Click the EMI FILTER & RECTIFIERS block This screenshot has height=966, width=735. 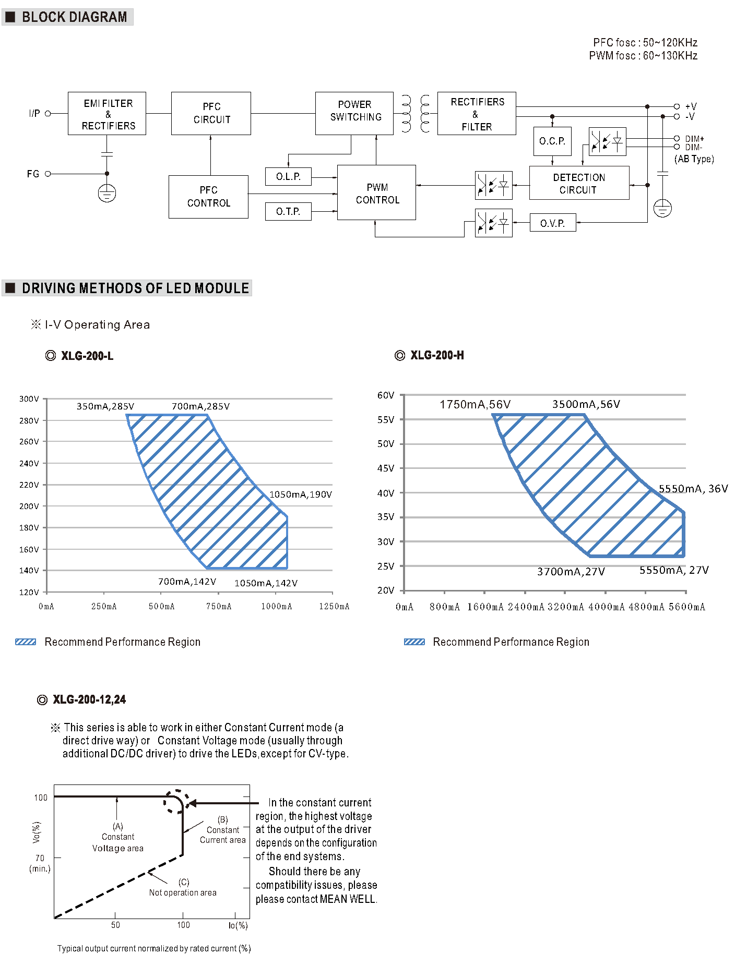[x=107, y=114]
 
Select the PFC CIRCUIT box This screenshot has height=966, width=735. [x=211, y=113]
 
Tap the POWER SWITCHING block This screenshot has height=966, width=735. [x=354, y=113]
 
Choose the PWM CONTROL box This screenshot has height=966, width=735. [x=376, y=193]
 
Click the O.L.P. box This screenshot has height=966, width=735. [x=288, y=176]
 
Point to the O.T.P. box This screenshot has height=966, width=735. [x=288, y=211]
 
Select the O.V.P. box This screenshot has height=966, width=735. [x=552, y=223]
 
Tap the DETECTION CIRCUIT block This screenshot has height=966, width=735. [x=579, y=183]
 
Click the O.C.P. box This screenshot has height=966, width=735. [x=552, y=141]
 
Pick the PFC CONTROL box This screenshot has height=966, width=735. [x=208, y=197]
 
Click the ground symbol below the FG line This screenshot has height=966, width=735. [x=107, y=194]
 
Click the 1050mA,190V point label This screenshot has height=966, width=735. [x=300, y=494]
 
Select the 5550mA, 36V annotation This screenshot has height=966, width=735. [x=693, y=489]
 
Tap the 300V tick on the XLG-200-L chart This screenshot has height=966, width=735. [x=29, y=399]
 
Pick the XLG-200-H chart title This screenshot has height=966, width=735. [x=436, y=355]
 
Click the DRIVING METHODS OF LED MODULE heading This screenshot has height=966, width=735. [x=135, y=288]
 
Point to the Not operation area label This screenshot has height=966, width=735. [x=183, y=892]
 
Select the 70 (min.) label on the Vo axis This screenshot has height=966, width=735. [x=40, y=863]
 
